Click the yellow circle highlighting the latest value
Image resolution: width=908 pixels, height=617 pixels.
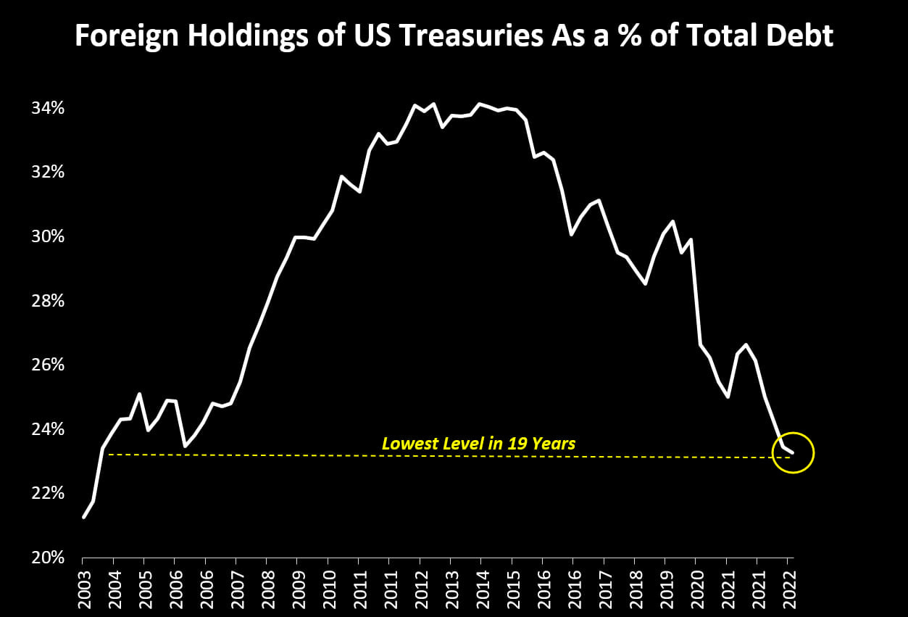click(794, 452)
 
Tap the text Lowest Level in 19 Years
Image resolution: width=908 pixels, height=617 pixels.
click(478, 443)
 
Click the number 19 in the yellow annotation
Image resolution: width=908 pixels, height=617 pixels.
click(517, 443)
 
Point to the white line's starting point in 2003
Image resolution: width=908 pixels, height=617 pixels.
click(84, 517)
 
